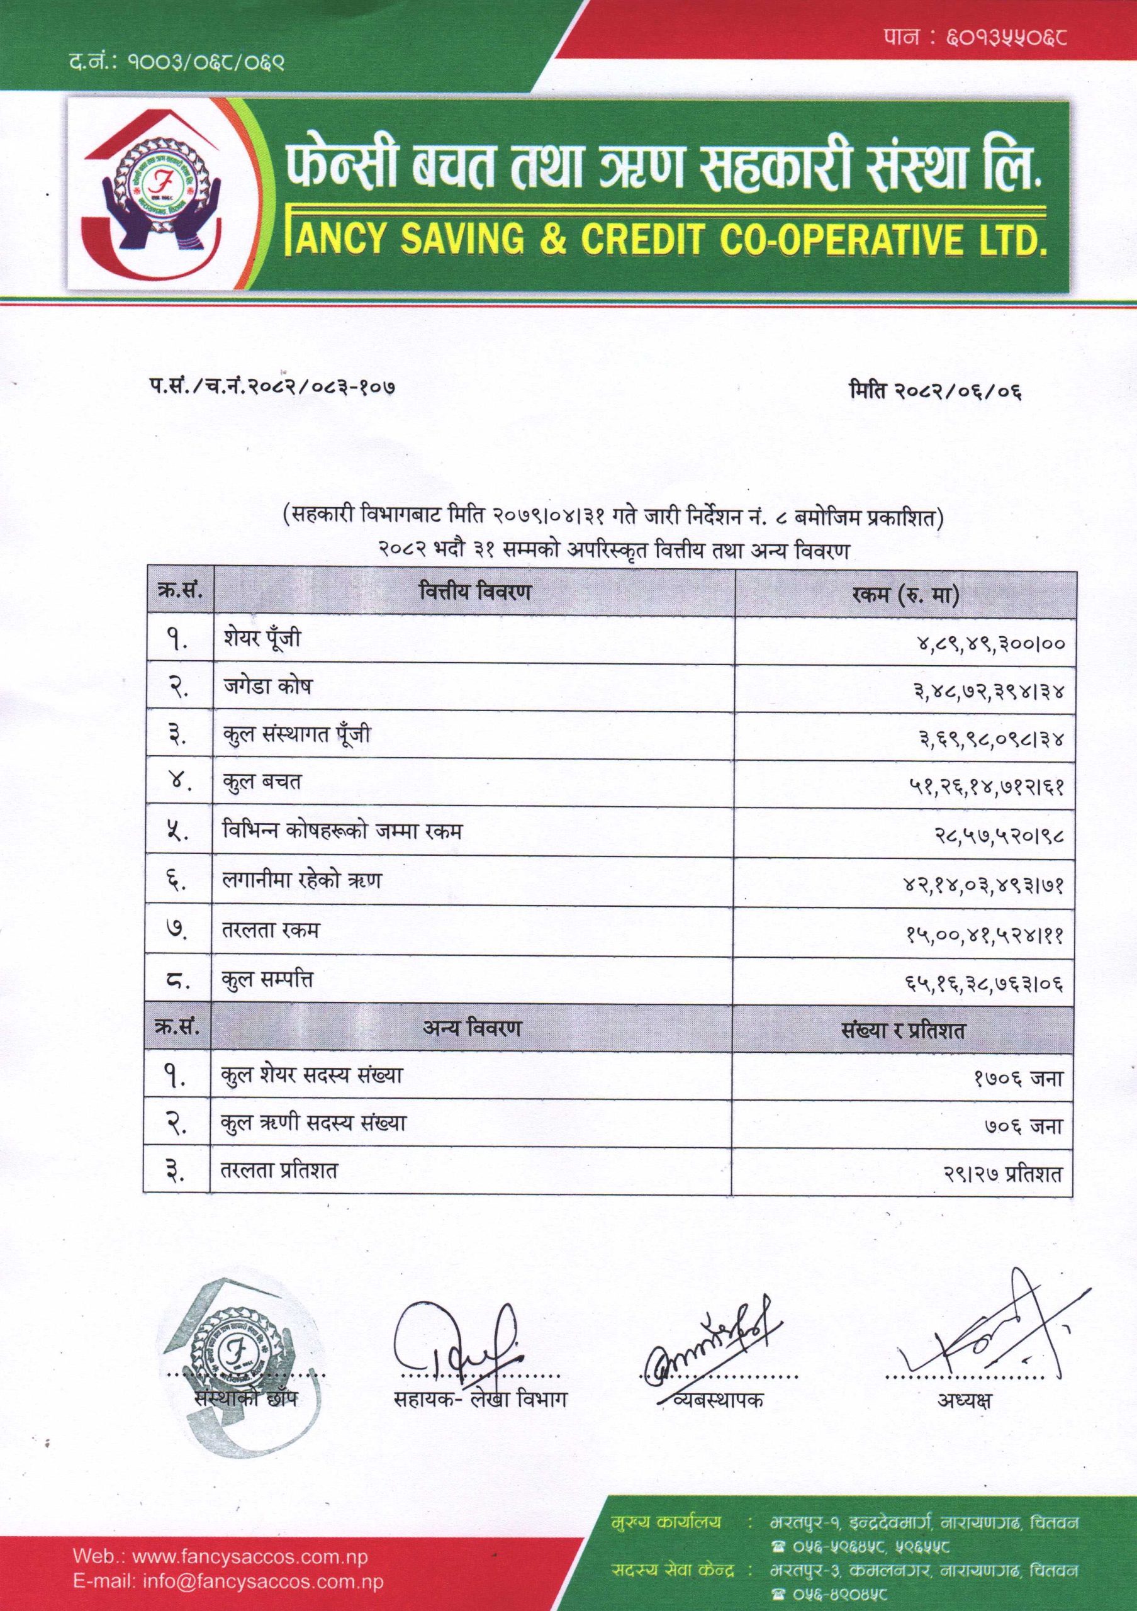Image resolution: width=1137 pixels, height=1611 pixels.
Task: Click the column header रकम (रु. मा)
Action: point(906,595)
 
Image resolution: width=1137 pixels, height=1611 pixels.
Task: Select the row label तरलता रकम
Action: point(269,930)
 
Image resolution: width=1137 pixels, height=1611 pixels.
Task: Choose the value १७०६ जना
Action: point(1019,1080)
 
